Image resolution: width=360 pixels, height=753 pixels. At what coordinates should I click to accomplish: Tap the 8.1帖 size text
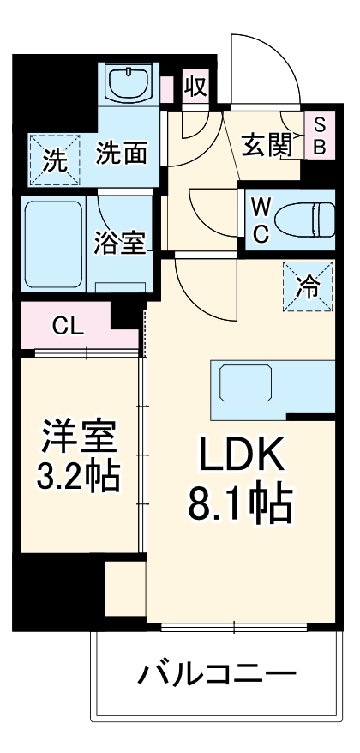(x=241, y=506)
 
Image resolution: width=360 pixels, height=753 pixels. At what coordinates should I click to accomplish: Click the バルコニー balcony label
(x=218, y=672)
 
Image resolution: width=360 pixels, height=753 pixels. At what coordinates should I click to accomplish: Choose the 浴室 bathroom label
(x=120, y=243)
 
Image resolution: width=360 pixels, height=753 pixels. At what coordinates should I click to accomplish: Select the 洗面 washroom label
(x=120, y=154)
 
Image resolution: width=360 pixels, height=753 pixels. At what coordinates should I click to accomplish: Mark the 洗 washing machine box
(x=54, y=160)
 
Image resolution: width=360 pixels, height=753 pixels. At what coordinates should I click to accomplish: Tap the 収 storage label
(x=196, y=89)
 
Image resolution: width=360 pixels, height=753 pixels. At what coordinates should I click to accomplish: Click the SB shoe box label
(x=318, y=135)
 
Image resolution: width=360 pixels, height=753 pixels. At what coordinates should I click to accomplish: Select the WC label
(x=261, y=219)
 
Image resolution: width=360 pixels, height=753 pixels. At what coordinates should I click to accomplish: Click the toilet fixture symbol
(x=305, y=220)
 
